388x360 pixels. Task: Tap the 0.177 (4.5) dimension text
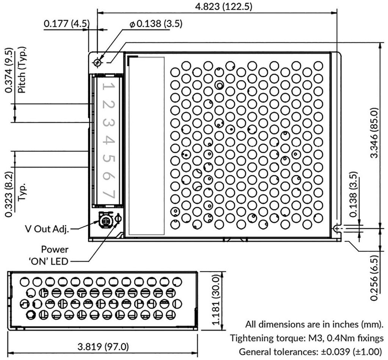pos(67,24)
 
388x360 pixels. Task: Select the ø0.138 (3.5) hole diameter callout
pos(156,24)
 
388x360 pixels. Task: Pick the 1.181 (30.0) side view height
pos(216,300)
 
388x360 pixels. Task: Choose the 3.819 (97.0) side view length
pos(103,347)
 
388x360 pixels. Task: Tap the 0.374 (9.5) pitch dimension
pos(9,70)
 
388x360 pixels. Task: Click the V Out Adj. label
pos(47,229)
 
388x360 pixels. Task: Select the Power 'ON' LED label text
pos(48,255)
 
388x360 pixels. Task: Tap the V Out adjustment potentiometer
pos(106,220)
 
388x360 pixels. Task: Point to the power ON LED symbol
pos(119,218)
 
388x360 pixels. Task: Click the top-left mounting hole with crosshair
pos(98,63)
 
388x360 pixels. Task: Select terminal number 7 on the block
pos(109,194)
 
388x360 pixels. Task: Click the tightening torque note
pos(307,338)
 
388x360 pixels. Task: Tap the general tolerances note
pos(310,352)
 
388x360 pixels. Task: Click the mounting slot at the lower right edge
pos(337,228)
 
